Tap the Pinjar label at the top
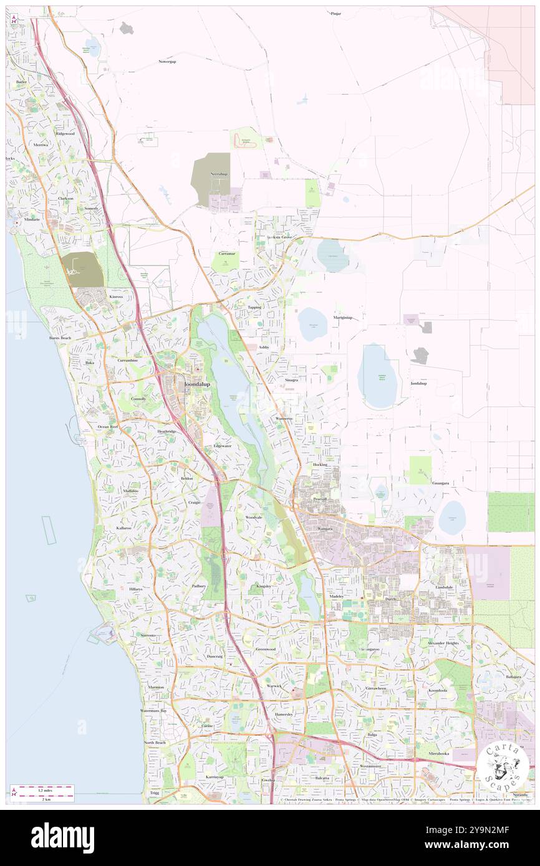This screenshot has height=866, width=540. pos(335,12)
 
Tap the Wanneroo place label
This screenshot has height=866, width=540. pos(284,419)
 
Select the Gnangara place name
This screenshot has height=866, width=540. pos(441,483)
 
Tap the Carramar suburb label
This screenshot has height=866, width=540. pos(226,254)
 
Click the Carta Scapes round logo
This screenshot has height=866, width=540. pos(503,768)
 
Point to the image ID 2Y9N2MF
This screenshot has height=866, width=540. pos(480,830)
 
